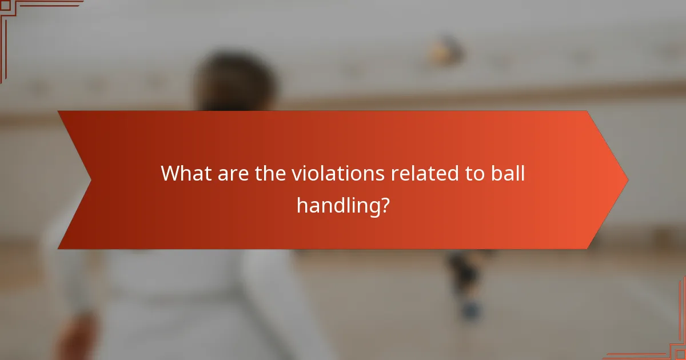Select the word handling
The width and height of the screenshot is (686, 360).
pyautogui.click(x=337, y=205)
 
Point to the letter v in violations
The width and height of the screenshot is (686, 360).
pyautogui.click(x=296, y=174)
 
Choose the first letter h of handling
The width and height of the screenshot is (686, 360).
pyautogui.click(x=301, y=204)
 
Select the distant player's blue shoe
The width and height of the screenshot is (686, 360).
pyautogui.click(x=470, y=311)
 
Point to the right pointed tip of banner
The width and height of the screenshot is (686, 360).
pyautogui.click(x=627, y=180)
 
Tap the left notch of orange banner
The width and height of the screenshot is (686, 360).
pyautogui.click(x=90, y=180)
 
